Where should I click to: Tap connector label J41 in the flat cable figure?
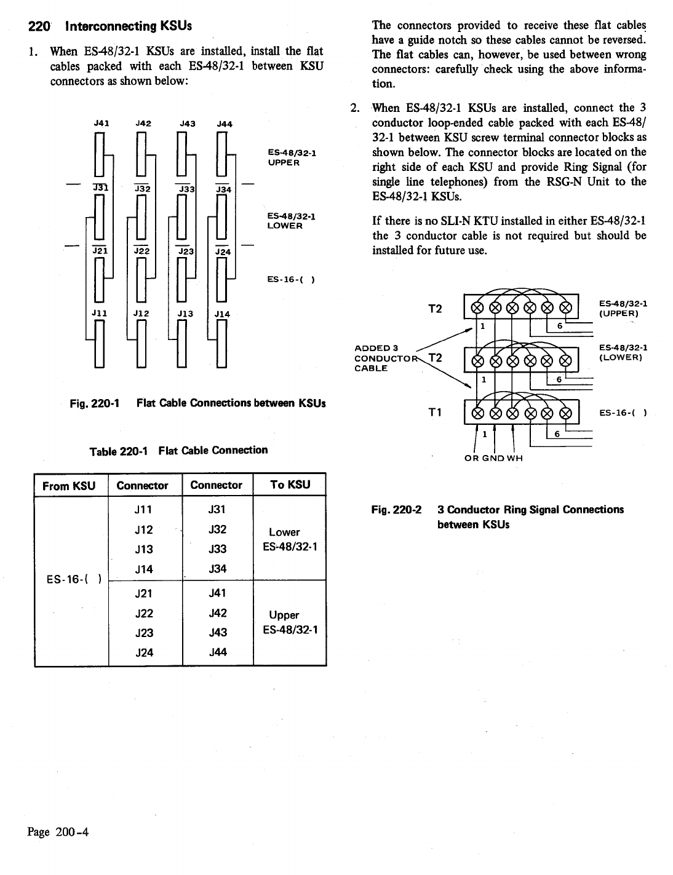pos(101,123)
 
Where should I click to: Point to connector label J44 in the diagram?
pos(224,124)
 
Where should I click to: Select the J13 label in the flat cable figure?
pos(185,314)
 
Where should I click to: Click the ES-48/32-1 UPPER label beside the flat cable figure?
pos(292,157)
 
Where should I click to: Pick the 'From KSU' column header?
pos(70,486)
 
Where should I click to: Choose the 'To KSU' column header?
pos(289,485)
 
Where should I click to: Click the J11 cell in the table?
pos(143,510)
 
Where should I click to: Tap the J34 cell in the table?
pos(218,569)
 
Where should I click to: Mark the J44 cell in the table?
pos(218,652)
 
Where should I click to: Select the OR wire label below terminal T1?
pos(471,457)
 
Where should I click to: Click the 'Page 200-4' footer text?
pos(58,833)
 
